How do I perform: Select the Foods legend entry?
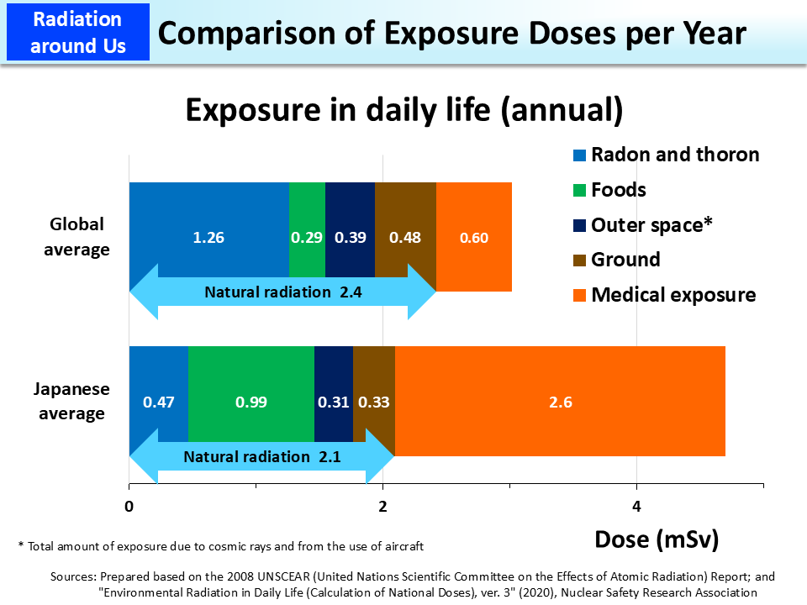coord(618,190)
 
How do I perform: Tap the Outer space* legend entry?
coord(651,224)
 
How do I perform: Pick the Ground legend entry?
coord(625,260)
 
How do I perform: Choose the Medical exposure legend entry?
coord(672,295)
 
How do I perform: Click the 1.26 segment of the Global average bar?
coord(208,237)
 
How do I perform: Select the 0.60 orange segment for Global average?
coord(474,237)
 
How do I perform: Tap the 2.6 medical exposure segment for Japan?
coord(560,402)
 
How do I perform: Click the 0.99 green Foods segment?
coord(251,402)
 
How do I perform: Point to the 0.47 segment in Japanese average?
coord(158,402)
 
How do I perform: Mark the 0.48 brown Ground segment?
coord(405,237)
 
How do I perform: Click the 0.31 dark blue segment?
coord(334,402)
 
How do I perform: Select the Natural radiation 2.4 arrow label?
coord(282,292)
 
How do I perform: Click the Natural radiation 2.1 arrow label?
coord(261,457)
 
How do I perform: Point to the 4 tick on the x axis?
coord(636,507)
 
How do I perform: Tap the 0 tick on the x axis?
coord(129,507)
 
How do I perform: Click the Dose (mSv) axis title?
coord(657,539)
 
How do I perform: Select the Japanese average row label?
coord(71,402)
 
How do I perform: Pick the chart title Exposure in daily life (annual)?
coord(403,110)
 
